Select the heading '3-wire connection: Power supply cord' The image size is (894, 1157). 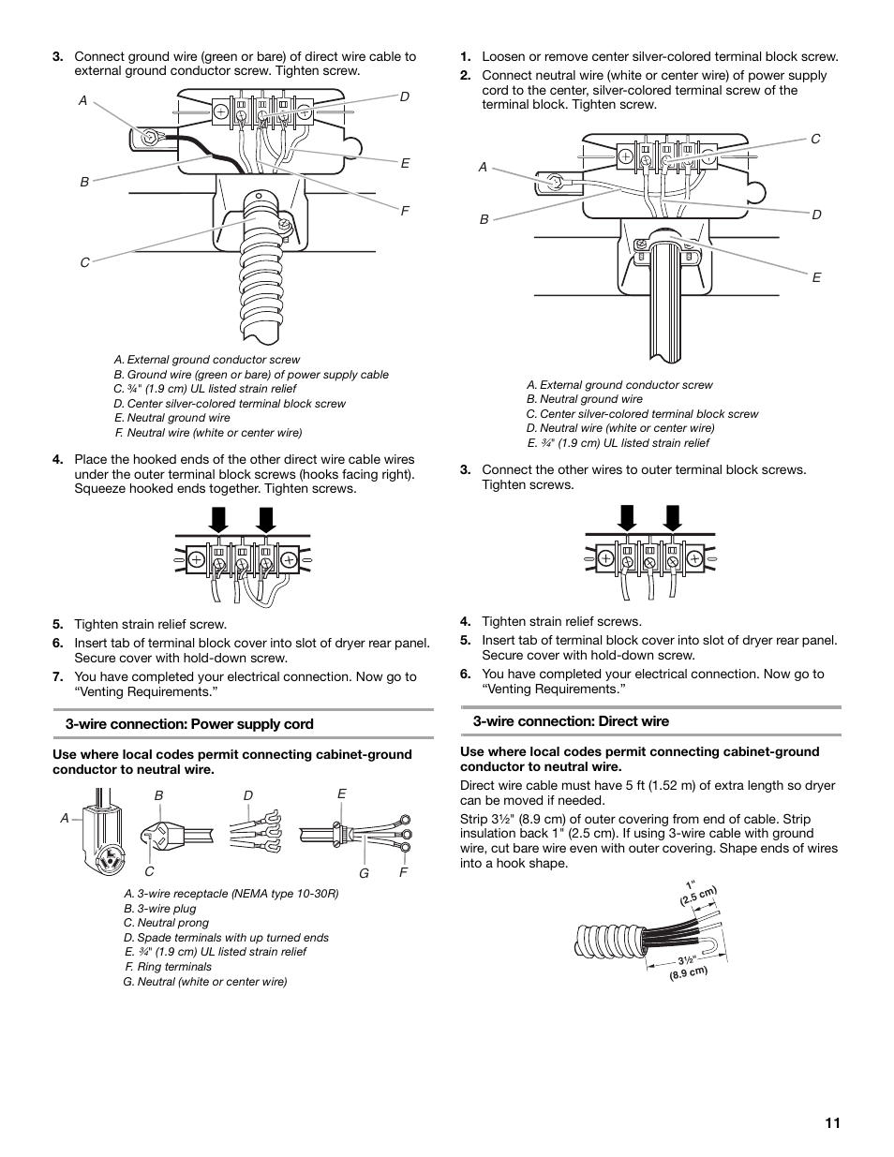[189, 724]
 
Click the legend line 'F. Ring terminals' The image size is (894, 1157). [168, 967]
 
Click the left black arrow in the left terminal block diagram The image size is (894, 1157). [218, 519]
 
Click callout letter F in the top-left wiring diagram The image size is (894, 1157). [406, 212]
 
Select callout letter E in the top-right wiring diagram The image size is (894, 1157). [816, 277]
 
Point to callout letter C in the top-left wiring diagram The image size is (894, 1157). [84, 263]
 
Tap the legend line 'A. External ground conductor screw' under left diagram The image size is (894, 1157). [207, 360]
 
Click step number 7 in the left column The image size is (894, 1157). [58, 676]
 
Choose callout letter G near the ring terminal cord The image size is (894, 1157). [364, 873]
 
